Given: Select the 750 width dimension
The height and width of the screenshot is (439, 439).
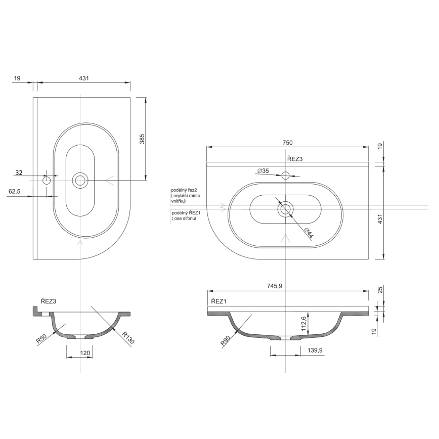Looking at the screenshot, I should click(287, 143).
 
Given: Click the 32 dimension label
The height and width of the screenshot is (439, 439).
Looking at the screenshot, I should click(19, 173).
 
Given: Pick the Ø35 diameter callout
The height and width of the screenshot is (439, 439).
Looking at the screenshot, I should click(262, 171).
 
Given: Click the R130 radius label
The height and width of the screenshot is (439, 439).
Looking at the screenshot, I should click(128, 337).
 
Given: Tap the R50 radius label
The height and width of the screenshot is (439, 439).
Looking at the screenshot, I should click(42, 338).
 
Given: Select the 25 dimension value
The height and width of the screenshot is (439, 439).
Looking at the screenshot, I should click(380, 290).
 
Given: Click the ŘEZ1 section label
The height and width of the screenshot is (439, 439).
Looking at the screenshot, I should click(218, 301).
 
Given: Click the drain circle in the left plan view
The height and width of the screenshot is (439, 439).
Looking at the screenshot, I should click(80, 180).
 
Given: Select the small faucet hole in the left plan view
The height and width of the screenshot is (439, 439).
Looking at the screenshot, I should click(47, 180).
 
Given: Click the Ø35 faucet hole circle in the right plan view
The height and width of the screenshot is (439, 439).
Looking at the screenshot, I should click(285, 175).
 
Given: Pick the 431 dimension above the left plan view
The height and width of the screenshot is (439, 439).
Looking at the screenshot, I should click(84, 78).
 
